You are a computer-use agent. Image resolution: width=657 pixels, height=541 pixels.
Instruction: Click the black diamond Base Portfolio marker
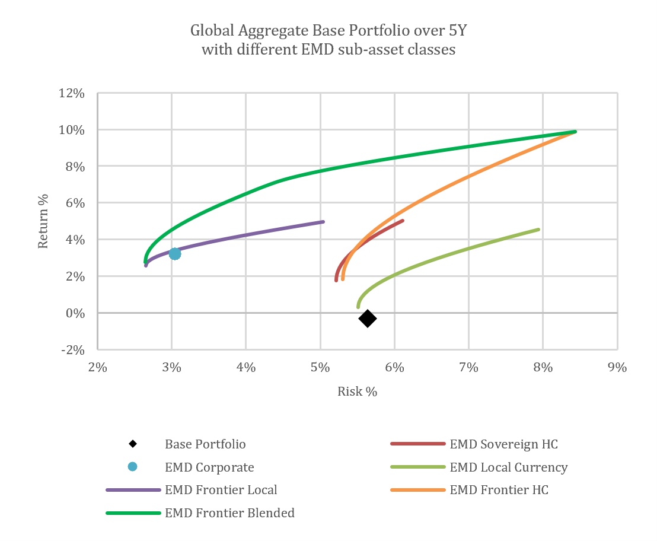368,319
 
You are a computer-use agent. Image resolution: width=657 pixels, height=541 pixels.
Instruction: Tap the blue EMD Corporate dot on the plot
175,254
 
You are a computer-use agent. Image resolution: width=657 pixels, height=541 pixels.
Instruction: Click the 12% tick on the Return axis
72,94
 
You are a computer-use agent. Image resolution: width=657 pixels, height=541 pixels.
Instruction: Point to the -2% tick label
73,350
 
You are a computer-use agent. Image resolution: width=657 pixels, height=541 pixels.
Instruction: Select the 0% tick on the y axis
75,313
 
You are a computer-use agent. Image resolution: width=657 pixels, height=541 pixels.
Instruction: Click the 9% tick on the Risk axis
617,368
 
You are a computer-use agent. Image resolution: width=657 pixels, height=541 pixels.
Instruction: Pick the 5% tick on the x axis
320,368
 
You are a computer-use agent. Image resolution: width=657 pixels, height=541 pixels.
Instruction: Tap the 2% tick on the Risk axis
98,368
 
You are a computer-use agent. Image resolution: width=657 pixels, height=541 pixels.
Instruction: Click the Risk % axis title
358,392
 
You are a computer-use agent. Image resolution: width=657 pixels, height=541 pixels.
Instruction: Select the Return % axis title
43,221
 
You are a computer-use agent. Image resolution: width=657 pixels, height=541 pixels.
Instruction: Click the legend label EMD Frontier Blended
229,513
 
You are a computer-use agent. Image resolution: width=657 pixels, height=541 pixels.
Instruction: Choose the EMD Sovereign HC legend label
503,444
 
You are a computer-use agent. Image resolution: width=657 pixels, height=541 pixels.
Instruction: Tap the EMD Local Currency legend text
509,467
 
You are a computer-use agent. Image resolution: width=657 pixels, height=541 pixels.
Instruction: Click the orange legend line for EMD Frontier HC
417,490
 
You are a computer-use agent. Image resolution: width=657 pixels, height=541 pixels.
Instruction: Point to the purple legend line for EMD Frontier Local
133,490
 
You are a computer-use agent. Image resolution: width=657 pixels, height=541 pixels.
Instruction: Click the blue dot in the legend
132,466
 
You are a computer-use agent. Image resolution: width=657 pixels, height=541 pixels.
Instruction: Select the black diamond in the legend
133,443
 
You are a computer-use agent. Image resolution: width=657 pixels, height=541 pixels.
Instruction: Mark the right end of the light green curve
538,230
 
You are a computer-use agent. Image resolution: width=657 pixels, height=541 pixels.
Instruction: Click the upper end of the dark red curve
403,221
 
